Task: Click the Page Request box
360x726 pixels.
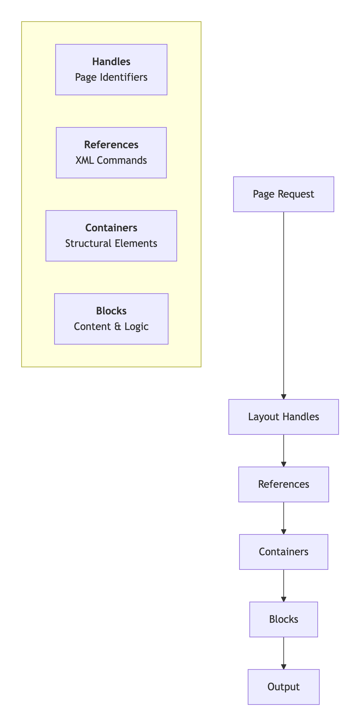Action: click(283, 194)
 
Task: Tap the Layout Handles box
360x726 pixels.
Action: click(283, 417)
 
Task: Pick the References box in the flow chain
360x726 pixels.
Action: click(283, 484)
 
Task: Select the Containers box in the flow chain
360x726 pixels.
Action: click(283, 552)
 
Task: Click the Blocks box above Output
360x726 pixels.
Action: click(283, 619)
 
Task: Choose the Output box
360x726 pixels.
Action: click(283, 687)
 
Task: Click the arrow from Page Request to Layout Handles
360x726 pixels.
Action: click(283, 304)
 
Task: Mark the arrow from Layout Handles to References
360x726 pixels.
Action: click(283, 450)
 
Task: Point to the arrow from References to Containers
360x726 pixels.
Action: click(283, 518)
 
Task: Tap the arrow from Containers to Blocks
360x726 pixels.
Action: click(283, 585)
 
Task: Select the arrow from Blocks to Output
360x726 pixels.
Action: click(283, 653)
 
